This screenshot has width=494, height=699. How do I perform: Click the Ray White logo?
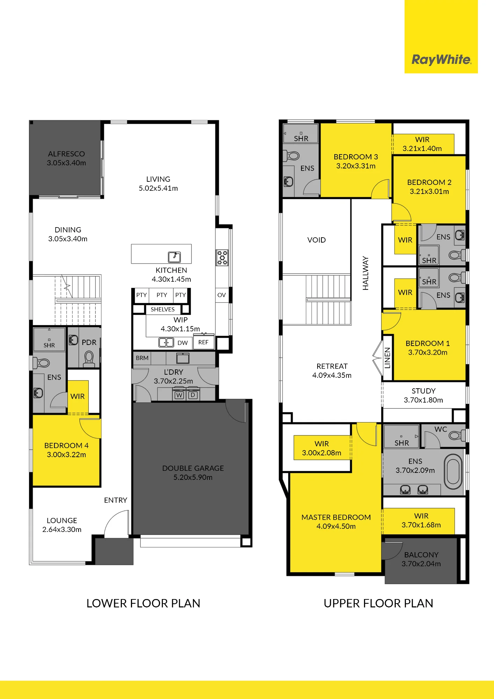pyautogui.click(x=442, y=60)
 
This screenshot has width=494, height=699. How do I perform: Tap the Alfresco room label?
pyautogui.click(x=66, y=154)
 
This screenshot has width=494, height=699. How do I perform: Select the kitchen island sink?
pyautogui.click(x=174, y=257)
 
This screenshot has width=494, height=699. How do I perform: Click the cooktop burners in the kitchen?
pyautogui.click(x=222, y=258)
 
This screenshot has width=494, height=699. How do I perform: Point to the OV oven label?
pyautogui.click(x=221, y=295)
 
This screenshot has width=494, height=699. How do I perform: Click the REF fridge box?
pyautogui.click(x=203, y=342)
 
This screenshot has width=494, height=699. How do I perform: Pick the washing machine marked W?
pyautogui.click(x=179, y=395)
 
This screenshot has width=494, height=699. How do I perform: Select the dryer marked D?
pyautogui.click(x=193, y=395)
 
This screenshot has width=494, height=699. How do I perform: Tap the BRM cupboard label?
pyautogui.click(x=142, y=358)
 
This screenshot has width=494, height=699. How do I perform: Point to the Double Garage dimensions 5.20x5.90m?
pyautogui.click(x=193, y=477)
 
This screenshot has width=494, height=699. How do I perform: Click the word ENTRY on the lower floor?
pyautogui.click(x=116, y=500)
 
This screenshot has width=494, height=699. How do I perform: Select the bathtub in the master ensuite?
pyautogui.click(x=453, y=472)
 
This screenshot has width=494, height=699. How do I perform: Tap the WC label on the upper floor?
pyautogui.click(x=441, y=429)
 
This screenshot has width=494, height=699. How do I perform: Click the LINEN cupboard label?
pyautogui.click(x=387, y=358)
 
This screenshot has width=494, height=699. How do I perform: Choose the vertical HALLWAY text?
pyautogui.click(x=365, y=273)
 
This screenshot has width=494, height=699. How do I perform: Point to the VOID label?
pyautogui.click(x=317, y=240)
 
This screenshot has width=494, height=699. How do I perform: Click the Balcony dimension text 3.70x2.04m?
pyautogui.click(x=421, y=564)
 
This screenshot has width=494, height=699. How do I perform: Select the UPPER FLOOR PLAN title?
pyautogui.click(x=378, y=603)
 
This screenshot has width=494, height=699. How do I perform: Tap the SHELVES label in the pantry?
pyautogui.click(x=162, y=309)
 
